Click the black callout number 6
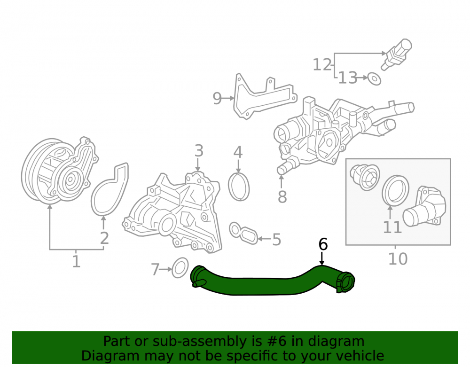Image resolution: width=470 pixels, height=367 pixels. pyautogui.click(x=323, y=244)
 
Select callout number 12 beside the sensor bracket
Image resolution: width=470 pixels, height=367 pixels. pyautogui.click(x=322, y=65)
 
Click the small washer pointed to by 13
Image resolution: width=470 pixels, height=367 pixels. pyautogui.click(x=374, y=78)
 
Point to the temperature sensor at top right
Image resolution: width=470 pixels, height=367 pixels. pyautogui.click(x=396, y=54)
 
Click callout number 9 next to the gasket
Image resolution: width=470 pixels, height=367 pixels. pyautogui.click(x=217, y=98)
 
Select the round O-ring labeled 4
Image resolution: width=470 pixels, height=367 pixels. pyautogui.click(x=239, y=187)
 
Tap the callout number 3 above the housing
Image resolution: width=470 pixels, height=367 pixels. pyautogui.click(x=199, y=151)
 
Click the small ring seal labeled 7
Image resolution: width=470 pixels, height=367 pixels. pyautogui.click(x=180, y=267)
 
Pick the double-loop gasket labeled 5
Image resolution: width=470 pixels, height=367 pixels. pyautogui.click(x=243, y=233)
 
